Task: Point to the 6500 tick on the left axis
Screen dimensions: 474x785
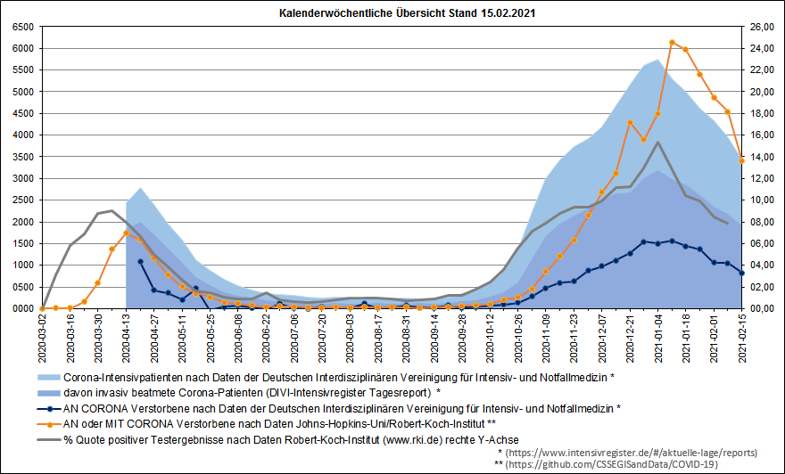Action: pyautogui.click(x=23, y=27)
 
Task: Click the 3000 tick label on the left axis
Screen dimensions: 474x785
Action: pyautogui.click(x=23, y=178)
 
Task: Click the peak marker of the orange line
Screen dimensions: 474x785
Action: pyautogui.click(x=672, y=42)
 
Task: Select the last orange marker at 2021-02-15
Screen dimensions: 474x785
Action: pyautogui.click(x=742, y=160)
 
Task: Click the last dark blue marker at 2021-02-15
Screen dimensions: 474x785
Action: pyautogui.click(x=742, y=273)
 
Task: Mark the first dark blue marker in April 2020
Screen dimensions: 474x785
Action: pyautogui.click(x=140, y=262)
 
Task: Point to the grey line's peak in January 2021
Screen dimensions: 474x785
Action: pyautogui.click(x=657, y=142)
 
